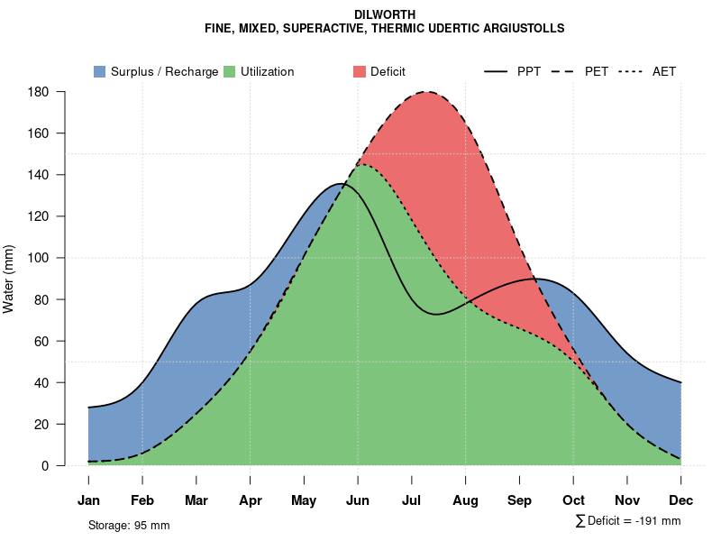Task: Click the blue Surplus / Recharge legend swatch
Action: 99,71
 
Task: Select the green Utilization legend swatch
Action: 229,71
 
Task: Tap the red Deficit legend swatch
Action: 359,71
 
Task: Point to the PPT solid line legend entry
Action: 513,71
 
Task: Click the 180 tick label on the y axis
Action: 38,92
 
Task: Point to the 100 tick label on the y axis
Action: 38,258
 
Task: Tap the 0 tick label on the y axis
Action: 44,466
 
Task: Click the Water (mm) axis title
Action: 9,279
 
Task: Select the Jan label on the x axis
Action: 88,500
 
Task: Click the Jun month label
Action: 358,500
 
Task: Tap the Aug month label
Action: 465,500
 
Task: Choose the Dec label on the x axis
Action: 681,500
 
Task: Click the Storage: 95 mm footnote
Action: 129,525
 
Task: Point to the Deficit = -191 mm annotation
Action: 628,521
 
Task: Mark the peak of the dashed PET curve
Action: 426,92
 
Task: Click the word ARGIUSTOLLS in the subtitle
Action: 516,29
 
